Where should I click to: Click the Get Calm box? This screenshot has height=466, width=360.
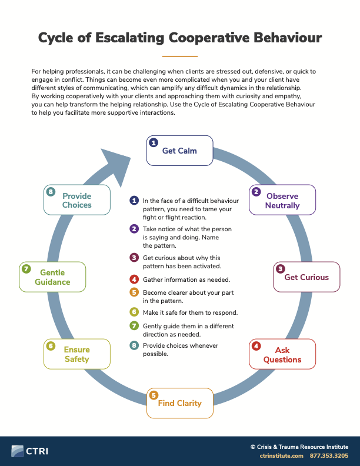pyautogui.click(x=179, y=151)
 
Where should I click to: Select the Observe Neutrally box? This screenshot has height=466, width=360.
pyautogui.click(x=282, y=199)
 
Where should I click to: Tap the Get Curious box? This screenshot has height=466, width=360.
pyautogui.click(x=306, y=277)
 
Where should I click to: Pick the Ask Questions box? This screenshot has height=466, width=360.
pyautogui.click(x=282, y=354)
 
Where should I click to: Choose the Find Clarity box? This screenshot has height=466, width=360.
pyautogui.click(x=179, y=403)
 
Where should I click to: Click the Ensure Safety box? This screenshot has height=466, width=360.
pyautogui.click(x=77, y=354)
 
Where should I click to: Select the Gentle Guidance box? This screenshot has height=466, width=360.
pyautogui.click(x=52, y=277)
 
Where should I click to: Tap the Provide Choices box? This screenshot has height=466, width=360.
pyautogui.click(x=77, y=199)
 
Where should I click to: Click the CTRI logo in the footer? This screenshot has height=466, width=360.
pyautogui.click(x=29, y=451)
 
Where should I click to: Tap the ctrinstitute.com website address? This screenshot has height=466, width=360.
pyautogui.click(x=282, y=455)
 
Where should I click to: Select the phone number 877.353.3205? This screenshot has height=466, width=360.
pyautogui.click(x=329, y=455)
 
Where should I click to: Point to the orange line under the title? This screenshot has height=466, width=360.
pyautogui.click(x=179, y=56)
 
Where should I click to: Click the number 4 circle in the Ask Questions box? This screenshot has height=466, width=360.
pyautogui.click(x=256, y=346)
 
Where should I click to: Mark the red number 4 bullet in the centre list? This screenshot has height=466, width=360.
pyautogui.click(x=134, y=279)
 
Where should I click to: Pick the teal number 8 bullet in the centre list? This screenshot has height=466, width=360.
pyautogui.click(x=134, y=345)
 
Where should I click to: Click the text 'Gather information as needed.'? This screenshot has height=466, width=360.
pyautogui.click(x=186, y=279)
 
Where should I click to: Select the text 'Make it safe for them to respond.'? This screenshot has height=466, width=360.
pyautogui.click(x=191, y=312)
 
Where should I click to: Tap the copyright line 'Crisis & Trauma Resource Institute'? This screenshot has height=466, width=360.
pyautogui.click(x=299, y=447)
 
